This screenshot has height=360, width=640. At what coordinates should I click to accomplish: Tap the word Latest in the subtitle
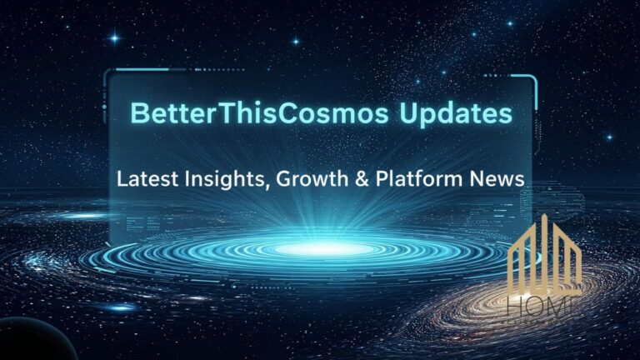coord(142,177)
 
